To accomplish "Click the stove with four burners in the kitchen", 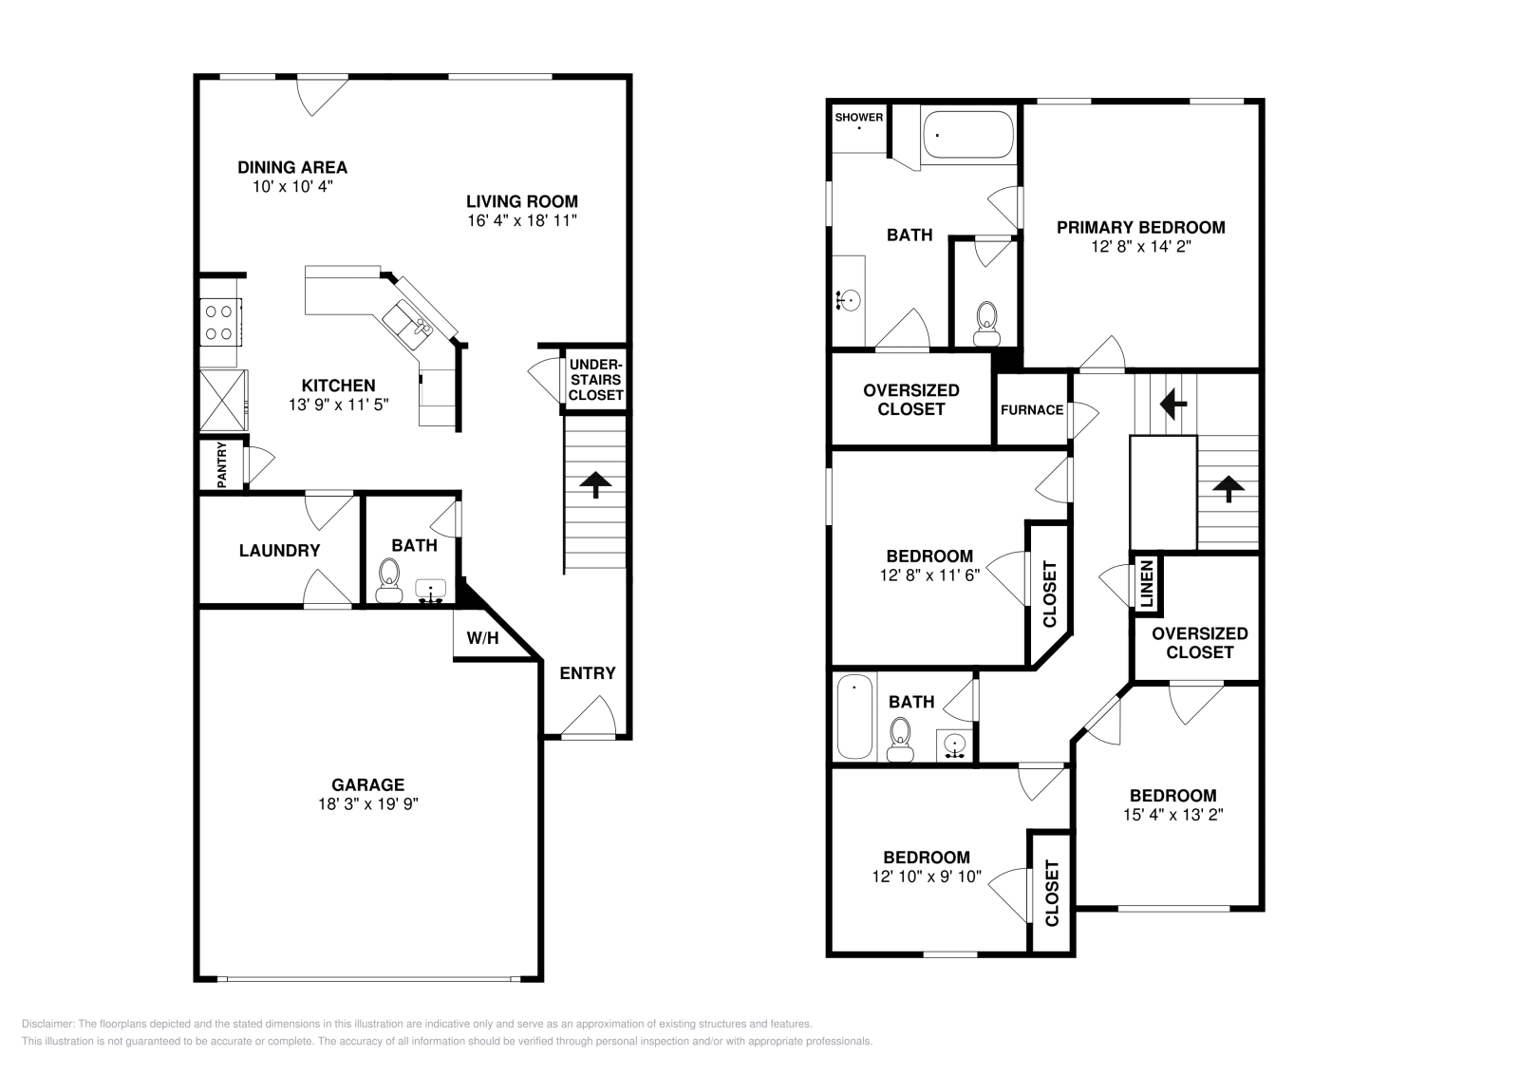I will tap(219, 321).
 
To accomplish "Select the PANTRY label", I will tap(222, 465).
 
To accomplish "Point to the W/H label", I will tap(482, 638).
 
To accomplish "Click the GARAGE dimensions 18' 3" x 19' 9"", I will tap(367, 803).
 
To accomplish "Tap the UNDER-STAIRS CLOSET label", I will tap(596, 380).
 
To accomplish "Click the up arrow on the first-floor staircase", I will tap(595, 484).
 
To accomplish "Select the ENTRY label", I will tap(587, 673).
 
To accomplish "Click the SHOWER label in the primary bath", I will tap(858, 118).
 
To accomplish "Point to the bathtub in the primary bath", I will tap(967, 135).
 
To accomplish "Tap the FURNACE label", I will tap(1031, 410).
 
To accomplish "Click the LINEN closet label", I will tap(1146, 584).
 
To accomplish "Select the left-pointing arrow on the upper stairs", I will tap(1172, 404).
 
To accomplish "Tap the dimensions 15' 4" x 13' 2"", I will tap(1172, 815).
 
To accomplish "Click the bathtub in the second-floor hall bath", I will tap(854, 717).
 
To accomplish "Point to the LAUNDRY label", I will tap(279, 551).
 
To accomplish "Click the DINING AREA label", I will tap(292, 168).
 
